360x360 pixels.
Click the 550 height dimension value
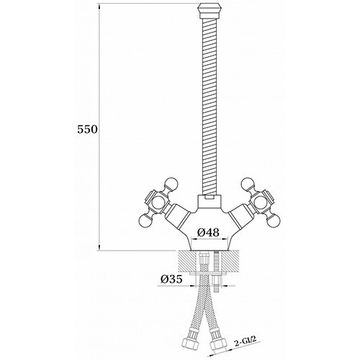point(88,130)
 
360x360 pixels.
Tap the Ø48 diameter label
point(208,233)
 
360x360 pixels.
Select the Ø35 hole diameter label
point(171,279)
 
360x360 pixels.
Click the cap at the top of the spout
point(209,10)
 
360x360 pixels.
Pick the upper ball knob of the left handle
point(171,184)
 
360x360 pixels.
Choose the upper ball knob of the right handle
point(248,184)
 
